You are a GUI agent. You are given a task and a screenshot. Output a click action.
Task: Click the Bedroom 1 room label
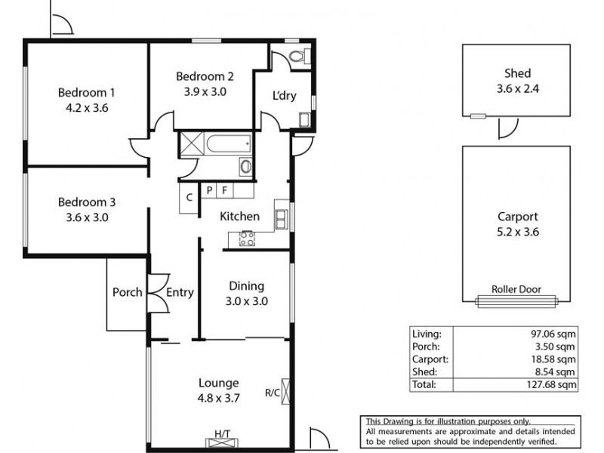pyautogui.click(x=87, y=92)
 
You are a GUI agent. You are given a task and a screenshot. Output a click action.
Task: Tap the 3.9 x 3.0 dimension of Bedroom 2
pyautogui.click(x=205, y=91)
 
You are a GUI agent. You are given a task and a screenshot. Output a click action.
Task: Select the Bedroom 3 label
pyautogui.click(x=87, y=202)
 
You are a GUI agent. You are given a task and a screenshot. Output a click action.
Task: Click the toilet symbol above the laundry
pyautogui.click(x=297, y=57)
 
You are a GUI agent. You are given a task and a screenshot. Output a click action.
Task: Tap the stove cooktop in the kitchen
pyautogui.click(x=247, y=239)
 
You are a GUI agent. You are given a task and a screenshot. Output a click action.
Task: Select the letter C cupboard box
pyautogui.click(x=190, y=198)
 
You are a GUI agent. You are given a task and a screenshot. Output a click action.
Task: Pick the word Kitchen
pyautogui.click(x=239, y=217)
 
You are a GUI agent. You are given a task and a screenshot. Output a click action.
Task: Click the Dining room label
pyautogui.click(x=246, y=285)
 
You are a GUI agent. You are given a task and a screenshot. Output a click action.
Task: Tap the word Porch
pyautogui.click(x=127, y=292)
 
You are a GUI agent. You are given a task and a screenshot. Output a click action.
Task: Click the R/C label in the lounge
pyautogui.click(x=272, y=393)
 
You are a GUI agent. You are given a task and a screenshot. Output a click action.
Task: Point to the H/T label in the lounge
pyautogui.click(x=222, y=433)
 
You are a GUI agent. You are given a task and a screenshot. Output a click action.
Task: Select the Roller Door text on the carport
pyautogui.click(x=516, y=289)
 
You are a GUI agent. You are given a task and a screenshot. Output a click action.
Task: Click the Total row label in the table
pyautogui.click(x=423, y=384)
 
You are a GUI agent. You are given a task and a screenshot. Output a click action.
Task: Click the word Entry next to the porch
pyautogui.click(x=180, y=292)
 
